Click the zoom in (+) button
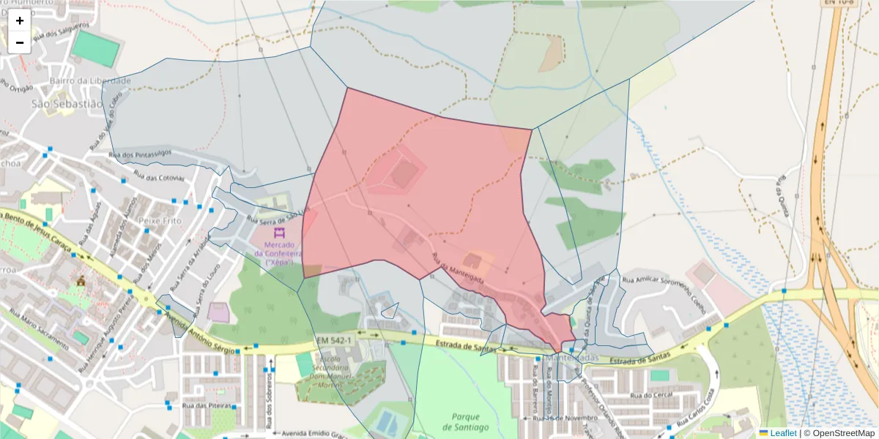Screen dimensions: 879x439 point(20,20)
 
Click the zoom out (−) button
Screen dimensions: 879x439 point(20,42)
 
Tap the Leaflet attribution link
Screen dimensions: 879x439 point(782,433)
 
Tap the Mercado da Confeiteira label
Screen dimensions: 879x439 point(274,253)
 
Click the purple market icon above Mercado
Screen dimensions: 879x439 point(279,233)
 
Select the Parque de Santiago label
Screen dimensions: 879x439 point(465,421)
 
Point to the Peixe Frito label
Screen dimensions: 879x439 point(160,219)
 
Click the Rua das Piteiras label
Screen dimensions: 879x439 point(207,405)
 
